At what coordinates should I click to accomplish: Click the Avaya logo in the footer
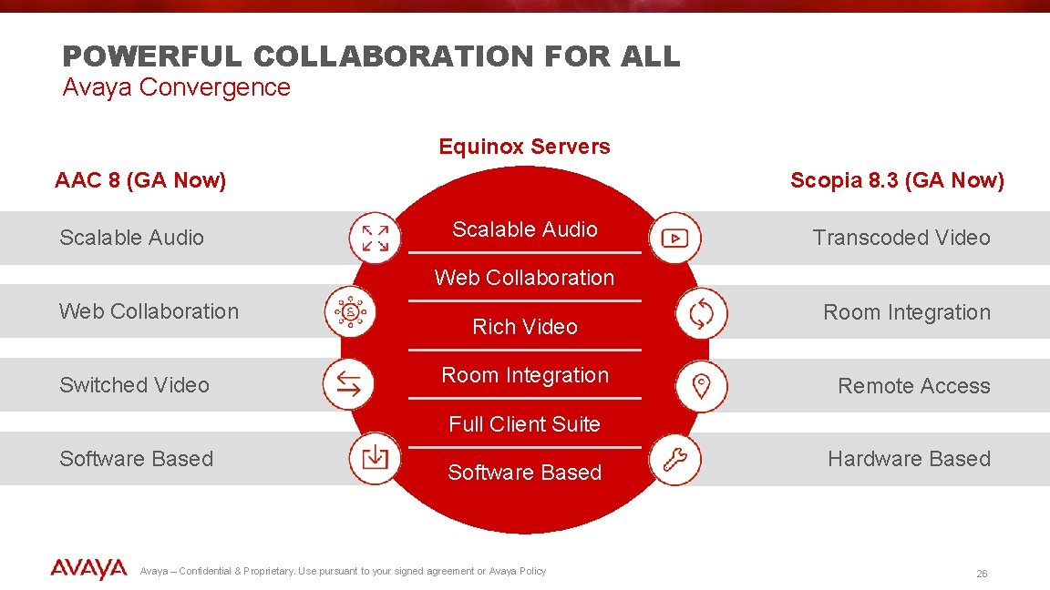coord(88,570)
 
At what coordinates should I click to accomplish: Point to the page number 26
coord(982,574)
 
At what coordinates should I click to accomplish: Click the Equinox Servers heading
coord(524,147)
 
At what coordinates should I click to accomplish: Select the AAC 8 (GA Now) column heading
coord(140,180)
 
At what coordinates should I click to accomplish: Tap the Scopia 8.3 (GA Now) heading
coord(897,180)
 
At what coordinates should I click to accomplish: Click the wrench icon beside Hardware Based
coord(675,460)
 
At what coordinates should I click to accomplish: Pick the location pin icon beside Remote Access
coord(701,386)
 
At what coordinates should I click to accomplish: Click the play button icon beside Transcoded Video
coord(674,239)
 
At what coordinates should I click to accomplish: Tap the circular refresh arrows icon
coord(701,313)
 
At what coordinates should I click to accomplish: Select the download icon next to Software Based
coord(375,458)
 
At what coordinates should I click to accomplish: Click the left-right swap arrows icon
coord(348,384)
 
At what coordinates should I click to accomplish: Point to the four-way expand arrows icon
coord(375,238)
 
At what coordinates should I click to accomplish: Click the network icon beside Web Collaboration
coord(350,311)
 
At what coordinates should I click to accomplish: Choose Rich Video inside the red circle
coord(524,327)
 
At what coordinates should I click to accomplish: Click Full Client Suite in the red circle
coord(524,424)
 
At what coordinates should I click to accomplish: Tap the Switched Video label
coord(134,385)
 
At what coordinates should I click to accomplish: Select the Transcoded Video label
coord(901,238)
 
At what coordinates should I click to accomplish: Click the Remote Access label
coord(913,386)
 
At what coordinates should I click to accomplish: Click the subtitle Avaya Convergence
coord(176,87)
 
